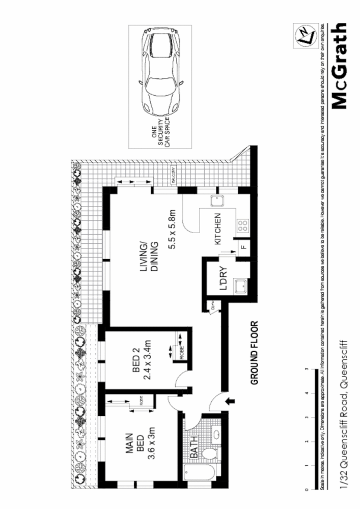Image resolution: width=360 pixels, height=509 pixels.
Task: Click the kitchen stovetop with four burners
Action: point(242,225)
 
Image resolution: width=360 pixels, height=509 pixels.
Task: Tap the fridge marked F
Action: point(243,248)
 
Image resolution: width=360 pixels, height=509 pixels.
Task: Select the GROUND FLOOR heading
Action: point(256,352)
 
